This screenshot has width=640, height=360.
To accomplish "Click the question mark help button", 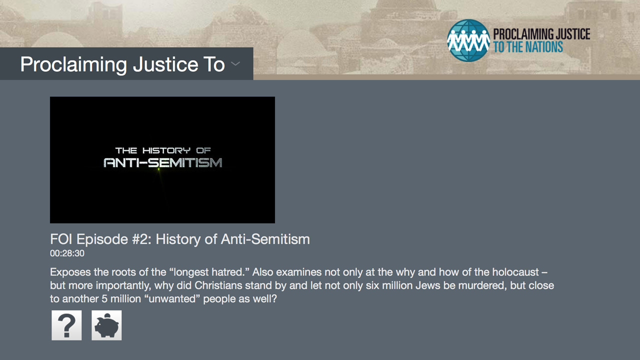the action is (66, 325).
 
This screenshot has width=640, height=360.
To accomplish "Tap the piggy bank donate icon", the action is (106, 325).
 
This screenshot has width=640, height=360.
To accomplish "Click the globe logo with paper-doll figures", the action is (468, 40).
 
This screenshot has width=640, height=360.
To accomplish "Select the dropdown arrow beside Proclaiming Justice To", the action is (235, 63).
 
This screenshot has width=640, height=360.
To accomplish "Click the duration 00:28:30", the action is (67, 253).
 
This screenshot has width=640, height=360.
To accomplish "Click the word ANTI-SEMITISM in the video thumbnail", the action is (163, 162).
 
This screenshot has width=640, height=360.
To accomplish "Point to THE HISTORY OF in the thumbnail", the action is (163, 150).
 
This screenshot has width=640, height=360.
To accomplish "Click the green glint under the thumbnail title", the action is (159, 169).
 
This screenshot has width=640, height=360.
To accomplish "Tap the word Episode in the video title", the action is (102, 239).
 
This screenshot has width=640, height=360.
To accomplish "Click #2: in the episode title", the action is (141, 239).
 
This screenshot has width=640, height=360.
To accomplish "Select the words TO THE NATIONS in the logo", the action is (528, 47).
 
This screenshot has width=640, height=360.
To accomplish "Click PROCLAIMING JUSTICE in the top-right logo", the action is (541, 34).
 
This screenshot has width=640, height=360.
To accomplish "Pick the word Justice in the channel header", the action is (165, 64).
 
